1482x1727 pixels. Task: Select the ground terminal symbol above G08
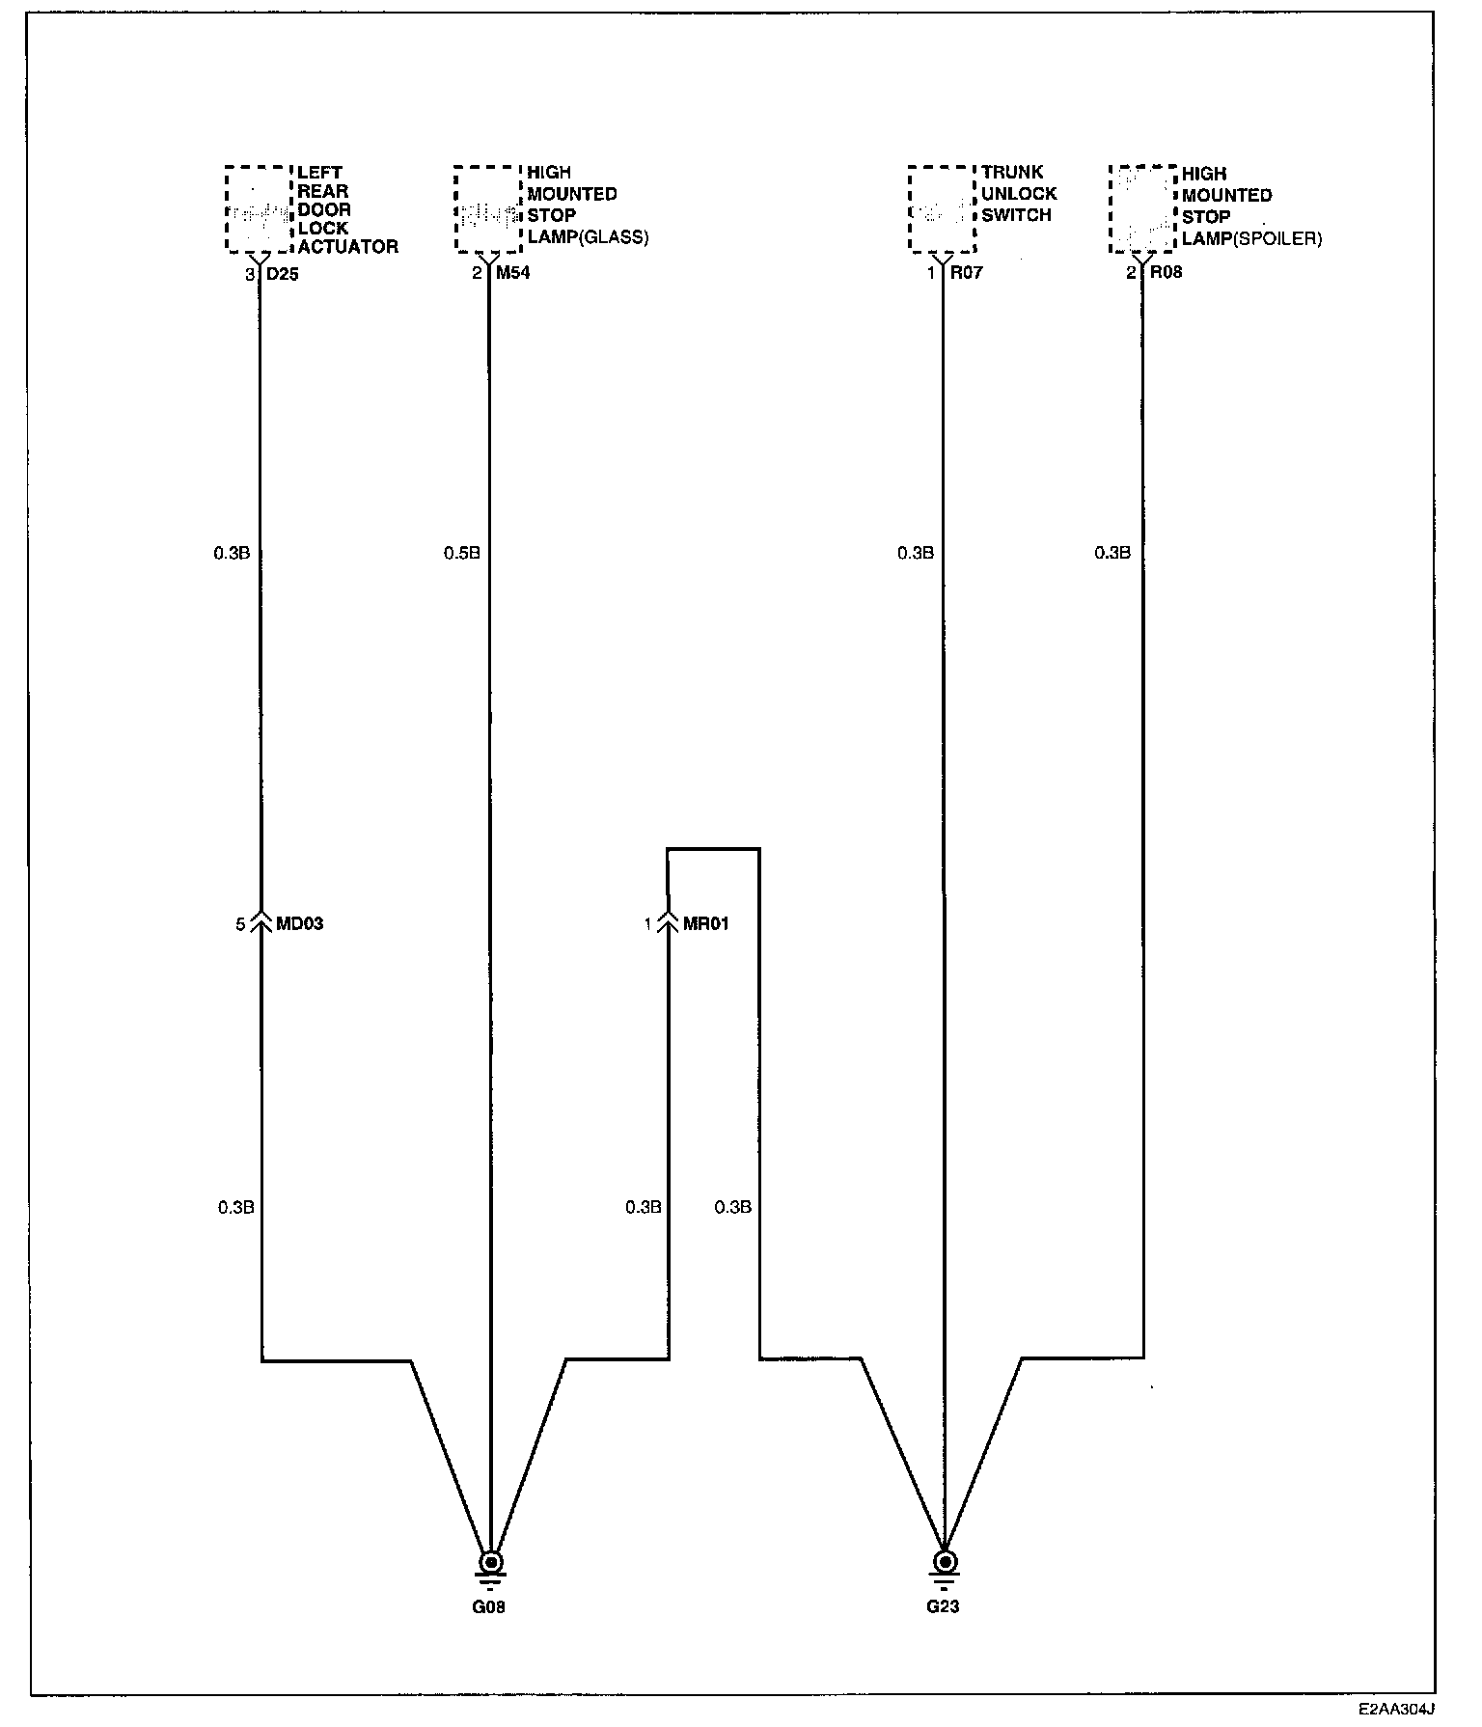click(x=491, y=1562)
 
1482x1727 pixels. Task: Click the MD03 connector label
click(x=300, y=924)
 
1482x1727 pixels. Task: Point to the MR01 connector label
click(x=706, y=924)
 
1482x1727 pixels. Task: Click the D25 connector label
click(x=284, y=273)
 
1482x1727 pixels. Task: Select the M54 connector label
click(x=513, y=273)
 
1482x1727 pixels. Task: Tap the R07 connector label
click(x=966, y=273)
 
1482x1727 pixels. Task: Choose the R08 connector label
click(x=1166, y=272)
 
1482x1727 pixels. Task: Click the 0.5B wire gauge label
click(x=461, y=554)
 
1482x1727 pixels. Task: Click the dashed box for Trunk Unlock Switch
click(x=942, y=208)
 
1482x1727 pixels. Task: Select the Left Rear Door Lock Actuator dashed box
click(x=259, y=208)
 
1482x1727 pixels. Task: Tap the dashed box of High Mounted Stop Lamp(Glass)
click(x=488, y=208)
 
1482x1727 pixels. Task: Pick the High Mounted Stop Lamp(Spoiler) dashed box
click(x=1142, y=208)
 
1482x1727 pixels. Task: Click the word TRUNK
click(x=1013, y=173)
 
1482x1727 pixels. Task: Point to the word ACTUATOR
click(x=347, y=247)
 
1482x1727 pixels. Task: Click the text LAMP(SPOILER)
click(x=1252, y=238)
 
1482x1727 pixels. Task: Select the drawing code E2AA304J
click(x=1396, y=1709)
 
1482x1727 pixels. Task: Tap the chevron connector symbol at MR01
click(x=668, y=924)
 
